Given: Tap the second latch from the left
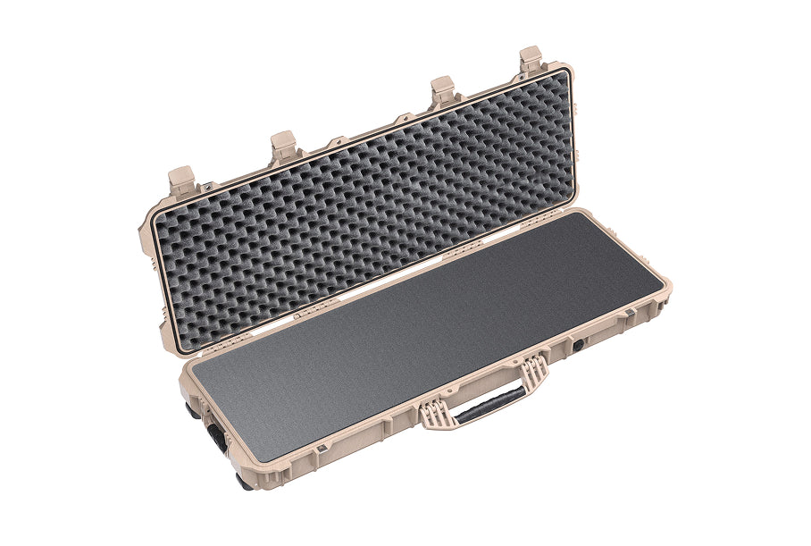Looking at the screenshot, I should coord(284,146).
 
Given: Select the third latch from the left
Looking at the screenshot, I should coord(443,91).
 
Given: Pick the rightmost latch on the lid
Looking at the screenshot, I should coord(531,61).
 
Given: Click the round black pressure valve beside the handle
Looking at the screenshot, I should coord(579,343).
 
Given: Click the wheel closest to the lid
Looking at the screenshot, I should coord(193,411).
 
